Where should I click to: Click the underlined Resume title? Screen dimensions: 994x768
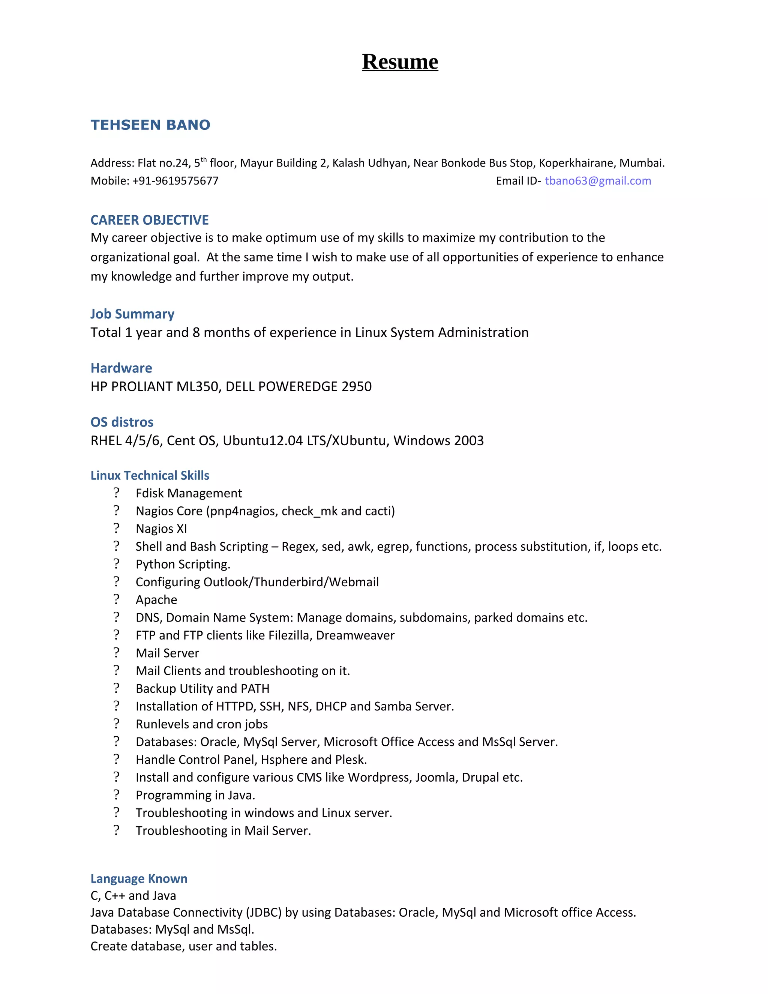pos(400,62)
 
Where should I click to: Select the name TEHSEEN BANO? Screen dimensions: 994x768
pos(150,125)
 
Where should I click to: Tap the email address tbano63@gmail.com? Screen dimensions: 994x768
pos(598,181)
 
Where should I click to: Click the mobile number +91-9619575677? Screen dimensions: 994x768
pos(175,181)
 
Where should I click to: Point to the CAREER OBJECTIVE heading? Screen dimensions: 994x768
pos(149,220)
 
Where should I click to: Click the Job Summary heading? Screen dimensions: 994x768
pos(132,314)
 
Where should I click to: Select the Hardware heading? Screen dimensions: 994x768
pos(121,368)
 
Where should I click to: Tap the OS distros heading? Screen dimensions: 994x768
pos(122,422)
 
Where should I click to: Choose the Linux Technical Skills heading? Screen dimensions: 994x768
pos(150,475)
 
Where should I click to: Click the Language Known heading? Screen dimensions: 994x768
pos(139,878)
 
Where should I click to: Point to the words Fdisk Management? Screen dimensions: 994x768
pos(189,493)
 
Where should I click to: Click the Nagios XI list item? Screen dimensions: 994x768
pos(161,529)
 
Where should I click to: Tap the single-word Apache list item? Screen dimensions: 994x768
pos(156,599)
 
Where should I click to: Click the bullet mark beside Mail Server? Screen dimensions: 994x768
pos(117,653)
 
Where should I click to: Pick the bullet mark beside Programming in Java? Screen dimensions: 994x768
pos(117,795)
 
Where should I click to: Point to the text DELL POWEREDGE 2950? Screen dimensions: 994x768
pos(298,386)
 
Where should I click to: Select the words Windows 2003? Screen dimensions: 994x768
pos(439,441)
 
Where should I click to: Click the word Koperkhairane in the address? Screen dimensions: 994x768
pos(576,163)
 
